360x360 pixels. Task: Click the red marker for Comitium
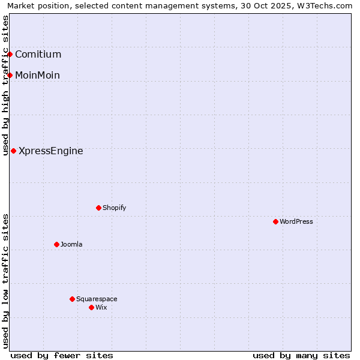(x=10, y=55)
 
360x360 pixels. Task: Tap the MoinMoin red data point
(x=10, y=75)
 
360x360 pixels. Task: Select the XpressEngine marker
(x=13, y=151)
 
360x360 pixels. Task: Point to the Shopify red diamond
(x=98, y=208)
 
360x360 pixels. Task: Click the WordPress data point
(x=275, y=222)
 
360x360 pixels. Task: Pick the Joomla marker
(x=56, y=245)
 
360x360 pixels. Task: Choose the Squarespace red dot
(x=72, y=299)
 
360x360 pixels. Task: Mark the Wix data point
(x=91, y=308)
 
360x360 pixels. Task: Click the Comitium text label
(x=38, y=55)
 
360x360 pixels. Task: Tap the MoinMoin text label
(x=37, y=75)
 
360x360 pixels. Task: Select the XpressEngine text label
(x=51, y=151)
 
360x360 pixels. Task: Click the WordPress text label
(x=296, y=222)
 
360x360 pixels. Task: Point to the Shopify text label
(x=115, y=208)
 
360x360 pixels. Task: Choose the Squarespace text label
(x=97, y=299)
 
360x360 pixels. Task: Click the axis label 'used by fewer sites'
(x=62, y=355)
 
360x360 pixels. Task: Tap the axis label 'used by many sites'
(x=301, y=355)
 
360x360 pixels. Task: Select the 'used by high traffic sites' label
(x=5, y=85)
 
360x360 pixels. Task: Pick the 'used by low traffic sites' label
(x=5, y=281)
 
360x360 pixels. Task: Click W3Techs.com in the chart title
(x=329, y=5)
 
